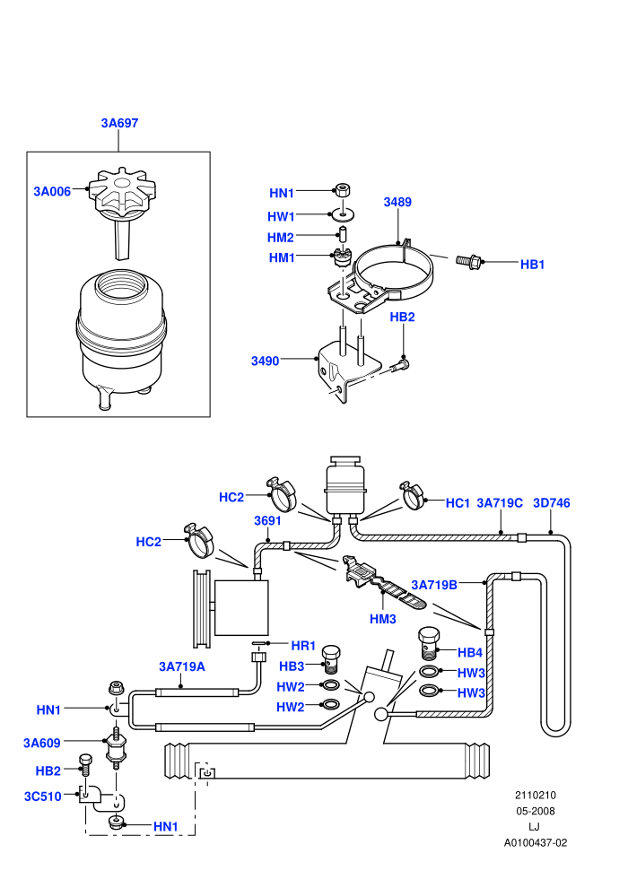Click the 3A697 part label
pos(119,123)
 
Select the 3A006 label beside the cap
pos(52,191)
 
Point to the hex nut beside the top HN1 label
pos(342,189)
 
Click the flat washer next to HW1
pos(343,214)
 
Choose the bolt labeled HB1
pos(469,261)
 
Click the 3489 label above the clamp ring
pos(397,202)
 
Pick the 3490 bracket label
pos(265,361)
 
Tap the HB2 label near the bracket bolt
pos(402,318)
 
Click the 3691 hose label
pos(268,520)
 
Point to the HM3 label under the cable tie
pos(383,619)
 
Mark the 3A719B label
pos(434,585)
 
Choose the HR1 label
pos(303,646)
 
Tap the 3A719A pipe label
pos(182,666)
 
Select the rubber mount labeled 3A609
pos(116,748)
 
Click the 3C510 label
pos(42,797)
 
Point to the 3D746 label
pos(552,503)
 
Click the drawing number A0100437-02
pos(535,842)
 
